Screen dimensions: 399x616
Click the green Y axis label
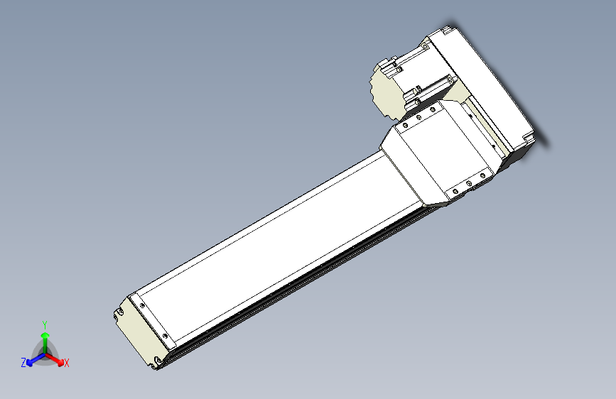tap(44, 323)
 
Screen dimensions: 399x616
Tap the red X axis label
tap(67, 363)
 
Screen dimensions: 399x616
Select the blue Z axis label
tap(23, 362)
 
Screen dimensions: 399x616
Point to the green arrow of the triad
tap(45, 336)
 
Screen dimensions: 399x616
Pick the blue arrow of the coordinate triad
tap(33, 359)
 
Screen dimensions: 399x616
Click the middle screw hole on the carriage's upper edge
tap(420, 119)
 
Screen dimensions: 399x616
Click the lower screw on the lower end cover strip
tap(166, 337)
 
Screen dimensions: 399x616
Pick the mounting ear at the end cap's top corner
tap(118, 312)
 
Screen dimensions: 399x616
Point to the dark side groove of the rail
tap(298, 284)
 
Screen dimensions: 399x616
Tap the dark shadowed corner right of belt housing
tap(529, 141)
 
